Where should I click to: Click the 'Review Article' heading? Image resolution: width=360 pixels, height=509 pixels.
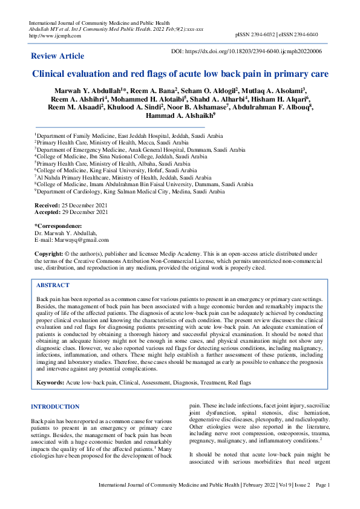click(x=57, y=56)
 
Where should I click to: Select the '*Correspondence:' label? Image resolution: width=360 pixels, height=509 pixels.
click(x=58, y=226)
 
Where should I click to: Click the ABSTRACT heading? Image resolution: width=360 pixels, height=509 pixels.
click(x=53, y=285)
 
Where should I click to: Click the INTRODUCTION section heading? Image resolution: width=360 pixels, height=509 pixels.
click(x=55, y=407)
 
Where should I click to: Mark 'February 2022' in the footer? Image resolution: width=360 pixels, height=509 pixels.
click(x=260, y=485)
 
